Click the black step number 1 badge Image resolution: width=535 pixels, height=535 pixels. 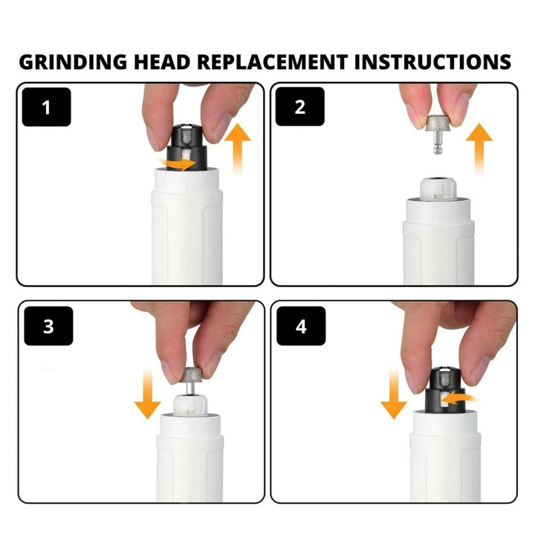point(47,108)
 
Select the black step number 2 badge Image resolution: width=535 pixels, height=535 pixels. point(300,108)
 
